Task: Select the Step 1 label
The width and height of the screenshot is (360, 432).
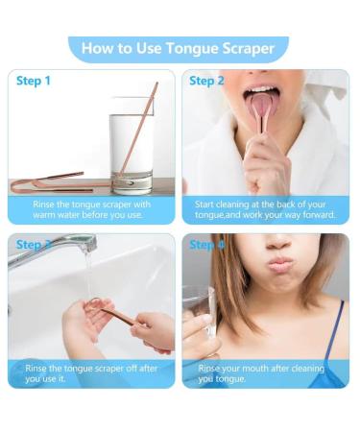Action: [x=34, y=81]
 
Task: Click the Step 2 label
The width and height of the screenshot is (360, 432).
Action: [x=206, y=81]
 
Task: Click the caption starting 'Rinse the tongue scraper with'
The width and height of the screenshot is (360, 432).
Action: [x=92, y=209]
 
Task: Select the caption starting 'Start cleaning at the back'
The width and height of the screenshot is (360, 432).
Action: [x=265, y=209]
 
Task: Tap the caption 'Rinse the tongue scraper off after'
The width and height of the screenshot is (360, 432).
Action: [x=92, y=373]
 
